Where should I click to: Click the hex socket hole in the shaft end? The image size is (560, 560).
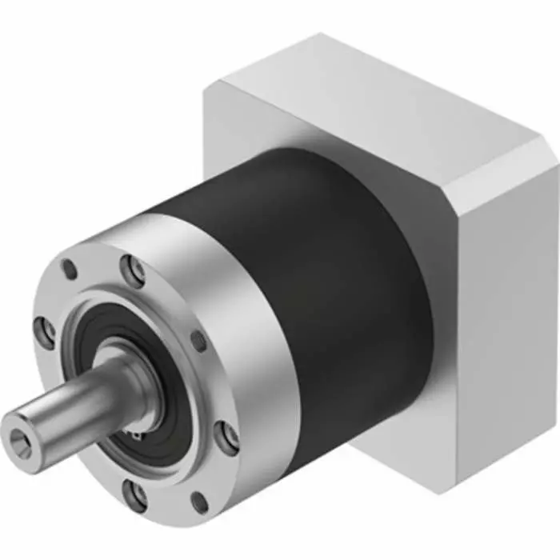click(x=20, y=438)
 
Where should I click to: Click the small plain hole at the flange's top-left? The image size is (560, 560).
click(x=71, y=268)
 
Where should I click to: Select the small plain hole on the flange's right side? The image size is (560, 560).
click(x=198, y=342)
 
